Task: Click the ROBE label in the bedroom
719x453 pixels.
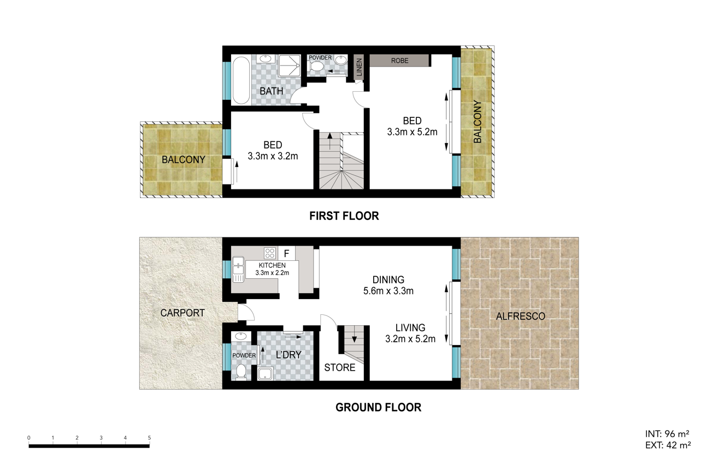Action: (x=399, y=61)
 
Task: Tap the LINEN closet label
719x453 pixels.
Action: (x=359, y=67)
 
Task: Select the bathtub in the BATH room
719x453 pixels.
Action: (x=241, y=80)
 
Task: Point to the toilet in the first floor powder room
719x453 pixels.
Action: (x=316, y=67)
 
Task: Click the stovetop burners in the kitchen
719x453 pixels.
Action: (x=270, y=253)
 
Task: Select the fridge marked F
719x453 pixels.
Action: (x=286, y=254)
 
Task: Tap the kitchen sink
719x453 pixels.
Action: (x=238, y=269)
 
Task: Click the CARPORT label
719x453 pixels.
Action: (x=182, y=313)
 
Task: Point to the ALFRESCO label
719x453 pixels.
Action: (x=520, y=317)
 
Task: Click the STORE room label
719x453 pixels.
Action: (x=340, y=367)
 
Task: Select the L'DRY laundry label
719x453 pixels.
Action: (x=288, y=355)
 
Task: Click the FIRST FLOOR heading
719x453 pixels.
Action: (x=344, y=216)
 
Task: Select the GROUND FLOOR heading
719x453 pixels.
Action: (x=379, y=407)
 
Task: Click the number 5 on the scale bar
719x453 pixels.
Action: (x=149, y=438)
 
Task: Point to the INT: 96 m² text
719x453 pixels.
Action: (x=667, y=434)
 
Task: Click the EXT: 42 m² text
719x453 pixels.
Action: (x=668, y=445)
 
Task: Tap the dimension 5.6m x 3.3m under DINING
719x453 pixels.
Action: (x=388, y=291)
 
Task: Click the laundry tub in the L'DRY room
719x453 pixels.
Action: (x=265, y=374)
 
